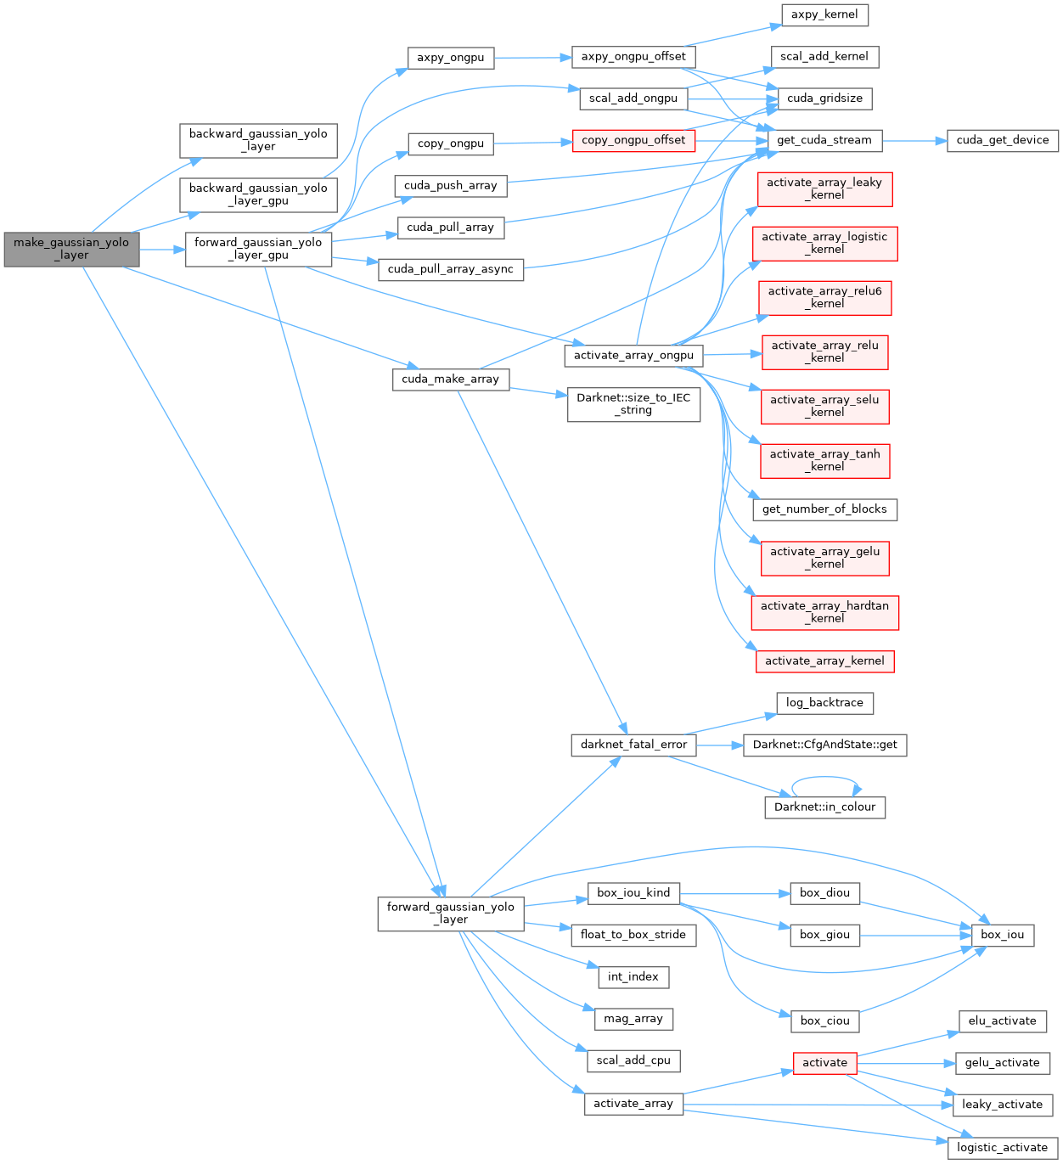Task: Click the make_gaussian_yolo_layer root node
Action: [x=71, y=249]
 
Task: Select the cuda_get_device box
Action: [x=1002, y=140]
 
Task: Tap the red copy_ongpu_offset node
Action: [x=633, y=140]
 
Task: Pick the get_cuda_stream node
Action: [x=824, y=140]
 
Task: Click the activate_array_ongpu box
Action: [x=633, y=355]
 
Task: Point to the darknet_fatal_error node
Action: [x=633, y=745]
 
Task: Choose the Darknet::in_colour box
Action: [x=824, y=807]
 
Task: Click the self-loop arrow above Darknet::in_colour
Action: [x=824, y=777]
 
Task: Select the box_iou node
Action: [x=1002, y=935]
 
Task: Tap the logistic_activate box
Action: [x=1002, y=1147]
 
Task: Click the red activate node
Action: [x=824, y=1062]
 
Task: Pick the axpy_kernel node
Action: [x=824, y=14]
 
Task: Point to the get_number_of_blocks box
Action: [x=824, y=509]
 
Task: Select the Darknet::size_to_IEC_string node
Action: [x=633, y=403]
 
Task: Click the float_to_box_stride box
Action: [x=633, y=935]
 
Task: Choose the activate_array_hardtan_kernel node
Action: [x=824, y=612]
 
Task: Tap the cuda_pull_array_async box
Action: [x=450, y=269]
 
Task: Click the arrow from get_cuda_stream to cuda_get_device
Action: [x=914, y=140]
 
